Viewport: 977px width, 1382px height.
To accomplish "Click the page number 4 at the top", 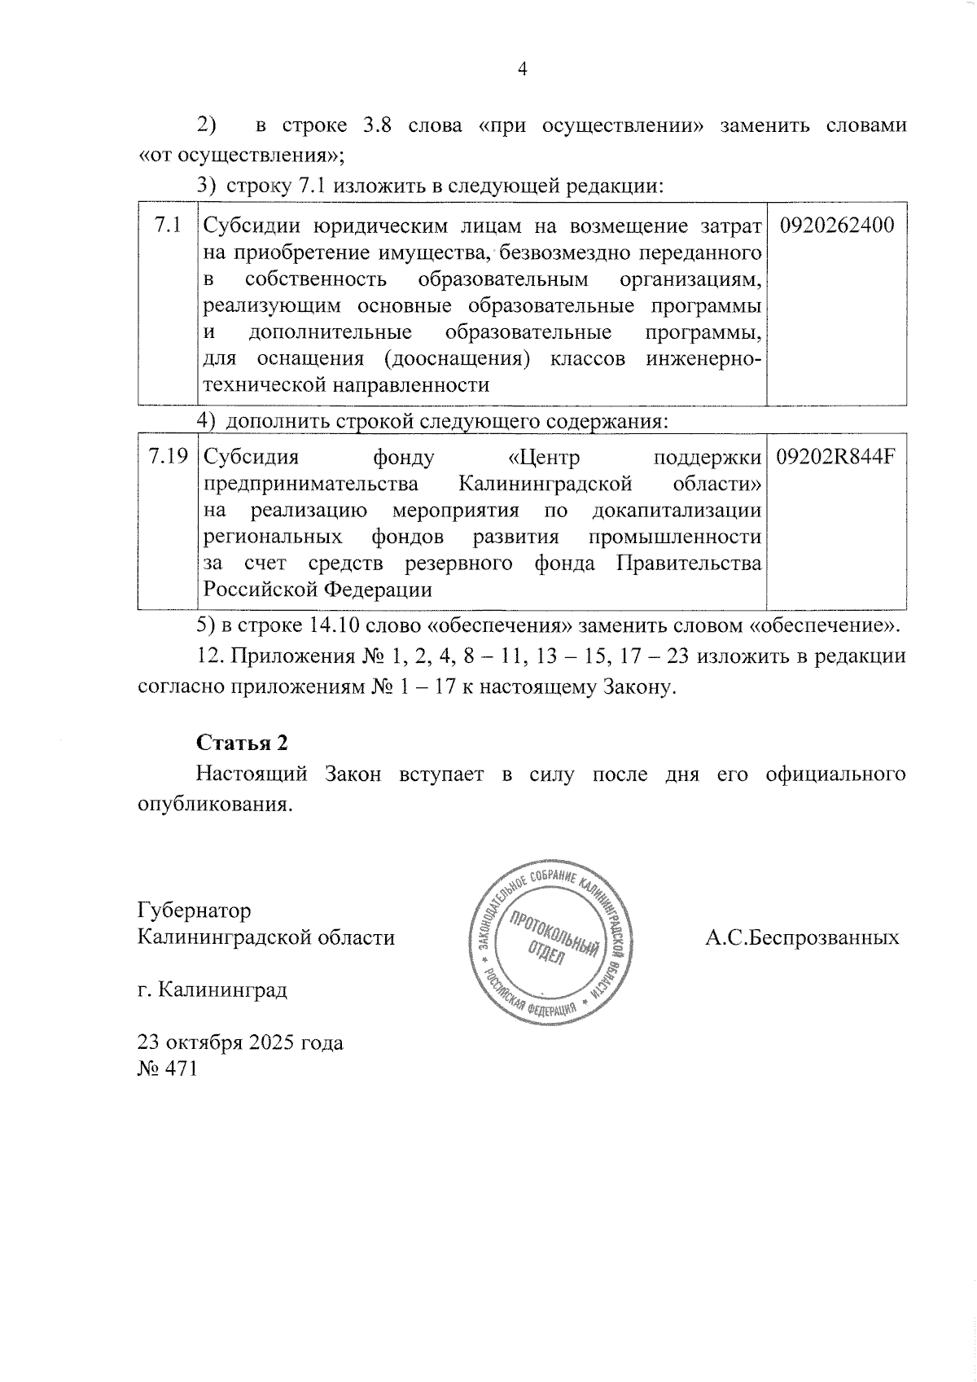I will [523, 70].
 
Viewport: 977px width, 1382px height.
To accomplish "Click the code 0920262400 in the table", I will [837, 225].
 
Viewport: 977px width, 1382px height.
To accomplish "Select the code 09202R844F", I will [835, 457].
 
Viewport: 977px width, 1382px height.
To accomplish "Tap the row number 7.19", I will [169, 457].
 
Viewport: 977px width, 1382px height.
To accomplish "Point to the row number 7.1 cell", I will [168, 225].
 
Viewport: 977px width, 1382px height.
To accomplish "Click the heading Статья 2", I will [242, 743].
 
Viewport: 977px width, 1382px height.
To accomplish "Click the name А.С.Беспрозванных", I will [802, 937].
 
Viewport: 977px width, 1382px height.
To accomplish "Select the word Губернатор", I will [195, 910].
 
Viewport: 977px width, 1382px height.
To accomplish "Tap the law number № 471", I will [168, 1068].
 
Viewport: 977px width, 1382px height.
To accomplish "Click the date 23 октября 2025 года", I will [241, 1042].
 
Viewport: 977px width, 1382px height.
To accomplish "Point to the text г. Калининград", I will [212, 990].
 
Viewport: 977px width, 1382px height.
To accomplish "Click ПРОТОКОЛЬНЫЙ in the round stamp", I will [554, 932].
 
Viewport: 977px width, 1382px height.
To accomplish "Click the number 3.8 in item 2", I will [377, 126].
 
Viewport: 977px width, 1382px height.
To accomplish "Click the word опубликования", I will [214, 804].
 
